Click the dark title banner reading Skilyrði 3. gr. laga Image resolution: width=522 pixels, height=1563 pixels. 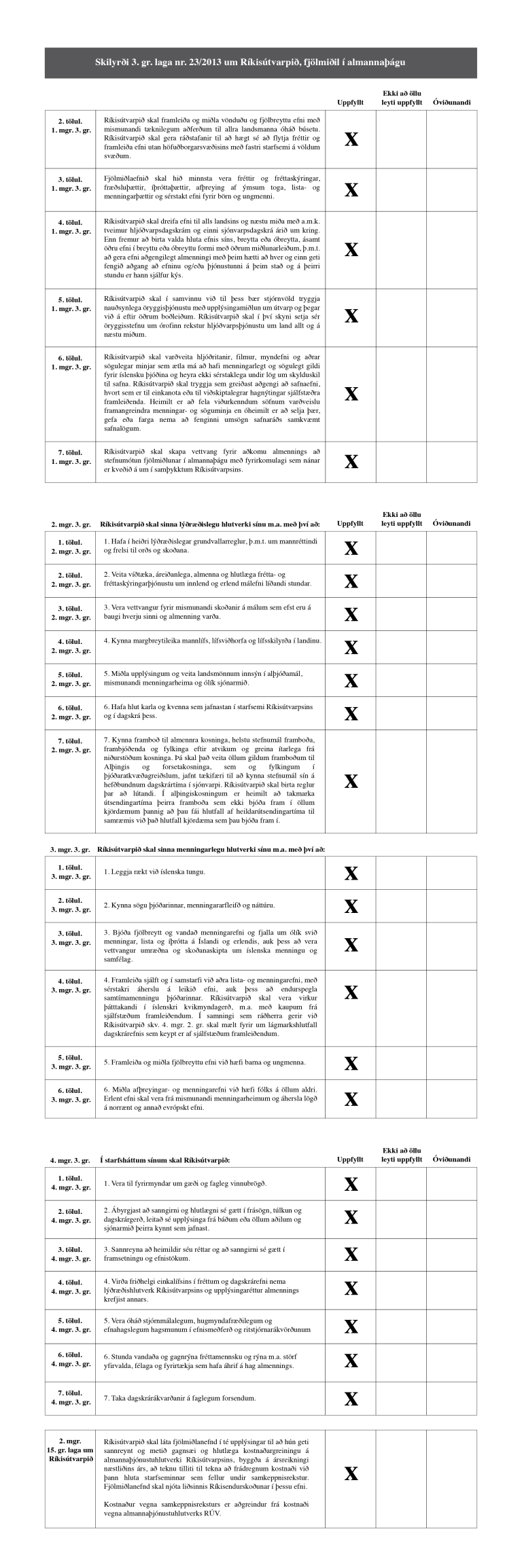click(261, 62)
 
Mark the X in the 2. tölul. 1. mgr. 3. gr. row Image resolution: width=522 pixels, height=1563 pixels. click(351, 139)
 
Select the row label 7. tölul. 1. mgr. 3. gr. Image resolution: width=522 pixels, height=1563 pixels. click(71, 457)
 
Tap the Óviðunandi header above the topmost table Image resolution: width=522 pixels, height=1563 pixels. click(451, 103)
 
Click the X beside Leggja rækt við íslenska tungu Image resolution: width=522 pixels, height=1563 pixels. click(351, 873)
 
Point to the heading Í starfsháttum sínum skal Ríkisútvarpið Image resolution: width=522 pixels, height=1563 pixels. click(166, 1160)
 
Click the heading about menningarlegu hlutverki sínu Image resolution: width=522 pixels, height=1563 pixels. click(211, 849)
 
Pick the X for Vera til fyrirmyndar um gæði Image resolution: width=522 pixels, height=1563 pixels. click(351, 1185)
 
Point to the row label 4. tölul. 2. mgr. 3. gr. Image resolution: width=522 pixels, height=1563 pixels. click(71, 646)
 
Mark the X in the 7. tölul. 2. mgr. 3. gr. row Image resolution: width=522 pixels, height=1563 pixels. click(351, 781)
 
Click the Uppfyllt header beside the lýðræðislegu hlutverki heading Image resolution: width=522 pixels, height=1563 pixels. click(351, 524)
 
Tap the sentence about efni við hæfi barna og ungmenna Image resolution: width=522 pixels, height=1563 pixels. click(205, 1062)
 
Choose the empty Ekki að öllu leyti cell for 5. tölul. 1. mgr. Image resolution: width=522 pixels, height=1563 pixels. click(401, 317)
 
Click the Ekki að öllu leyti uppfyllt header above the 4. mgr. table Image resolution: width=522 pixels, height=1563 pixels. click(401, 1155)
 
